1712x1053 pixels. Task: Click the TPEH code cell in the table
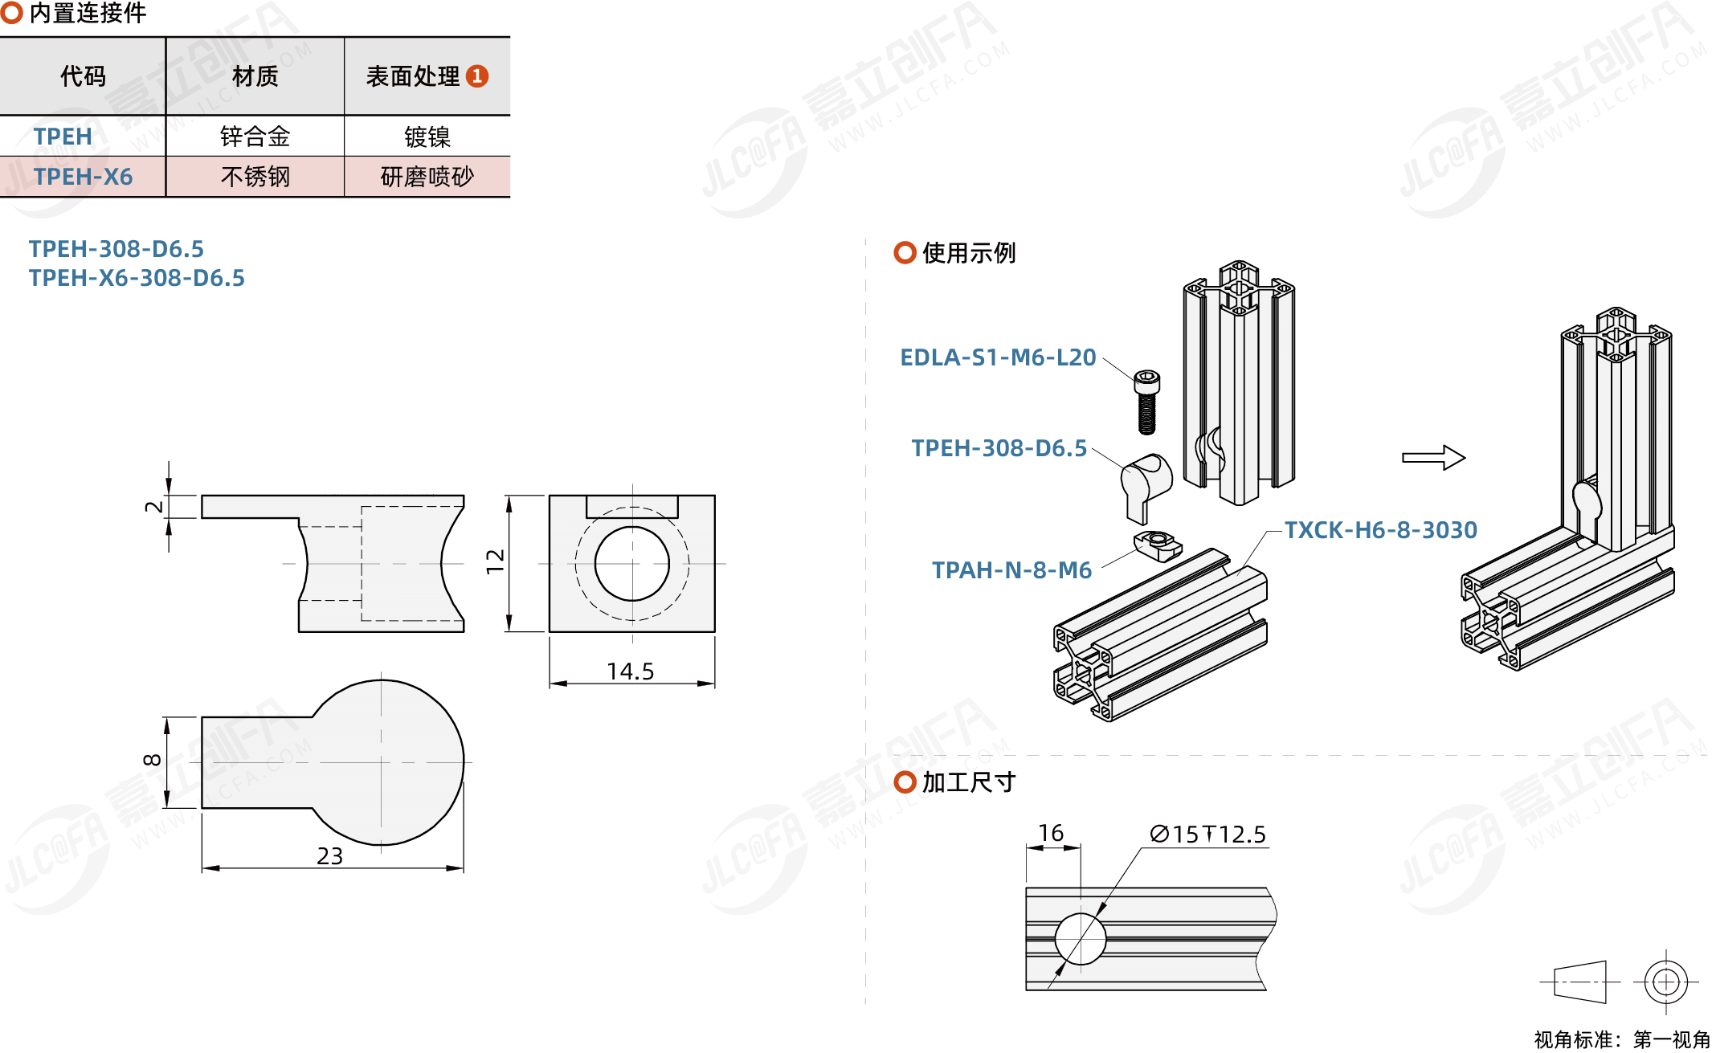pyautogui.click(x=63, y=137)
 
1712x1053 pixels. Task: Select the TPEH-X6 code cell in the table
pyautogui.click(x=83, y=177)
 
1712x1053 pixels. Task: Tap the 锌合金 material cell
pyautogui.click(x=255, y=137)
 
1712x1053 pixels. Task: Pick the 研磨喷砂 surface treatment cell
pyautogui.click(x=427, y=177)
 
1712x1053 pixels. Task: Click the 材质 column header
pyautogui.click(x=255, y=76)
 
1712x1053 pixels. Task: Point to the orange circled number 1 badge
pyautogui.click(x=477, y=76)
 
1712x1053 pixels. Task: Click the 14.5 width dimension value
pyautogui.click(x=630, y=671)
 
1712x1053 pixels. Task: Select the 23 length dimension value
pyautogui.click(x=329, y=856)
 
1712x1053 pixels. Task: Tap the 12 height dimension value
pyautogui.click(x=496, y=561)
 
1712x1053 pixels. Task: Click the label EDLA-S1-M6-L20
pyautogui.click(x=997, y=357)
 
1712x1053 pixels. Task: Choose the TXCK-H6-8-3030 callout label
pyautogui.click(x=1380, y=530)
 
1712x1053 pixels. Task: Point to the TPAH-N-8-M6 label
pyautogui.click(x=1011, y=570)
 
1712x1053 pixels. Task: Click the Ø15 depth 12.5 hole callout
pyautogui.click(x=1207, y=835)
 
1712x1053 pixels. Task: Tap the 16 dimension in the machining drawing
pyautogui.click(x=1050, y=834)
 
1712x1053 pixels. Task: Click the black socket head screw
pyautogui.click(x=1146, y=402)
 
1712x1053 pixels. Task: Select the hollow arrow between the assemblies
pyautogui.click(x=1433, y=458)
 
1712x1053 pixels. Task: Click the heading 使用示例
pyautogui.click(x=968, y=253)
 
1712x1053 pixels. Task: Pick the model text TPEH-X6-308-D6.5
pyautogui.click(x=137, y=278)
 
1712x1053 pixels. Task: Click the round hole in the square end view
pyautogui.click(x=631, y=564)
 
